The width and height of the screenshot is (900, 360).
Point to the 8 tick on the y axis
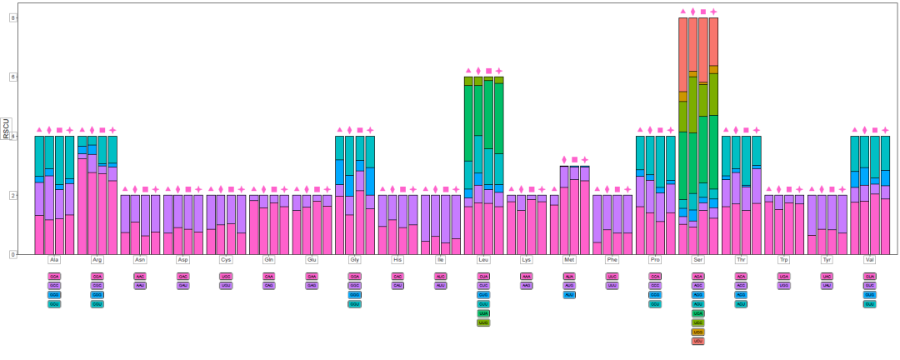[12, 17]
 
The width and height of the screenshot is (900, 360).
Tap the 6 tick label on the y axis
[12, 77]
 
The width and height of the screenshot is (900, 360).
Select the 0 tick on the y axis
[12, 254]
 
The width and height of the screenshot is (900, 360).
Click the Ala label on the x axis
[54, 260]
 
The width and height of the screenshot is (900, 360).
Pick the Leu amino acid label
[483, 260]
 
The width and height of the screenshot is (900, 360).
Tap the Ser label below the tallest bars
[698, 260]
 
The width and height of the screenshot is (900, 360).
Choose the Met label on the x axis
[569, 260]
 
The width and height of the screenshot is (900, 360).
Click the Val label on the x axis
[870, 260]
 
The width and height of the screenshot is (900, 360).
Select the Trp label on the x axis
[784, 260]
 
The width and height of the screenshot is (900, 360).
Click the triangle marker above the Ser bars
[682, 12]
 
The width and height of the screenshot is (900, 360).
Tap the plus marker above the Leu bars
[499, 71]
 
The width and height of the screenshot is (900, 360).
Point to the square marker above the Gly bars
[360, 130]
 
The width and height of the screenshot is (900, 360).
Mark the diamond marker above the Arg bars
[92, 130]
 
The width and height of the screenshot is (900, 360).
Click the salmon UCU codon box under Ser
[698, 341]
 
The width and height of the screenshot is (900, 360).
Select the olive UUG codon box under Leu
[483, 322]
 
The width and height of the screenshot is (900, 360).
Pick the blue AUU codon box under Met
[569, 294]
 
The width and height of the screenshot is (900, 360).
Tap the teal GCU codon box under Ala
[54, 304]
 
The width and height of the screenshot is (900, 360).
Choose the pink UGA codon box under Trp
[784, 276]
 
